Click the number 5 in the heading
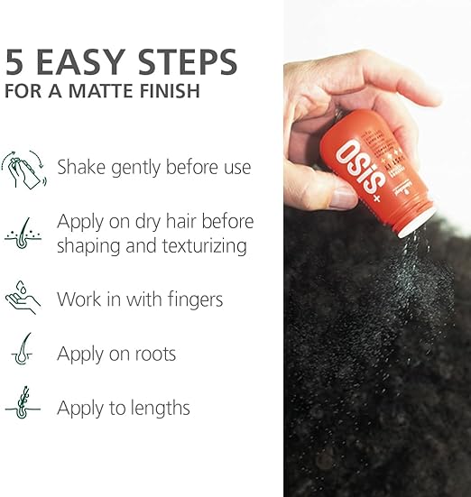click(x=15, y=61)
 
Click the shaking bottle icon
click(x=23, y=168)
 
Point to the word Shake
click(x=82, y=167)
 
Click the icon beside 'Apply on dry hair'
click(x=23, y=233)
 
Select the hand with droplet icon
click(x=23, y=297)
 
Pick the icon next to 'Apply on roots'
click(x=23, y=351)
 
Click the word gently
click(x=140, y=168)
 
